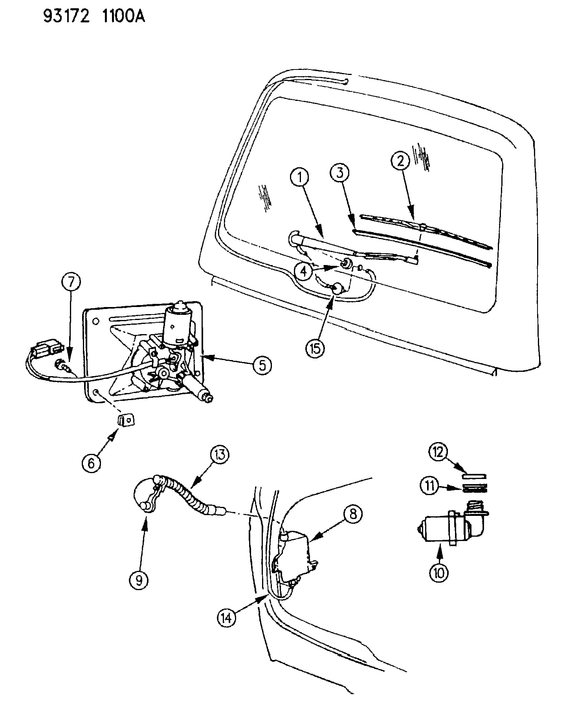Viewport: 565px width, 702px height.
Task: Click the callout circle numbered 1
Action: point(299,178)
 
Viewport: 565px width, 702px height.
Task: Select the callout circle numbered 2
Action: point(400,161)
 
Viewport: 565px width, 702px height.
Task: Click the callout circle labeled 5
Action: point(262,365)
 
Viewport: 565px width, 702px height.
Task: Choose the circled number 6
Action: point(91,463)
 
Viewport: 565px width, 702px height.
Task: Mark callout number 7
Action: point(71,282)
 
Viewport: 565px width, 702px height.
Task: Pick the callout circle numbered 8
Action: point(353,513)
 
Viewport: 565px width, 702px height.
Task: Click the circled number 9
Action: point(139,580)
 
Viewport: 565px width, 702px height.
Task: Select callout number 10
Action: point(439,573)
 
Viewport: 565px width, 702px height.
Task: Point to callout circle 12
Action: point(438,452)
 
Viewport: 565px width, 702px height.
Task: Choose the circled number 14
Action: point(227,618)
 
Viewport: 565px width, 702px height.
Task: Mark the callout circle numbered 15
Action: point(315,348)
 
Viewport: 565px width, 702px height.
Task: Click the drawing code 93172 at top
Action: point(66,16)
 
